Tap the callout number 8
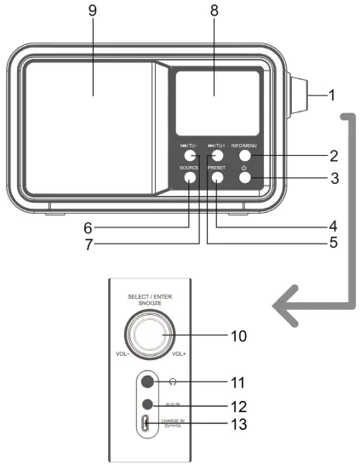(214, 13)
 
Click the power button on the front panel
(244, 178)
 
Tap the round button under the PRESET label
(216, 178)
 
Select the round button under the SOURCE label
(188, 178)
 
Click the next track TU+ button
(217, 156)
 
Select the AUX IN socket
(149, 404)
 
